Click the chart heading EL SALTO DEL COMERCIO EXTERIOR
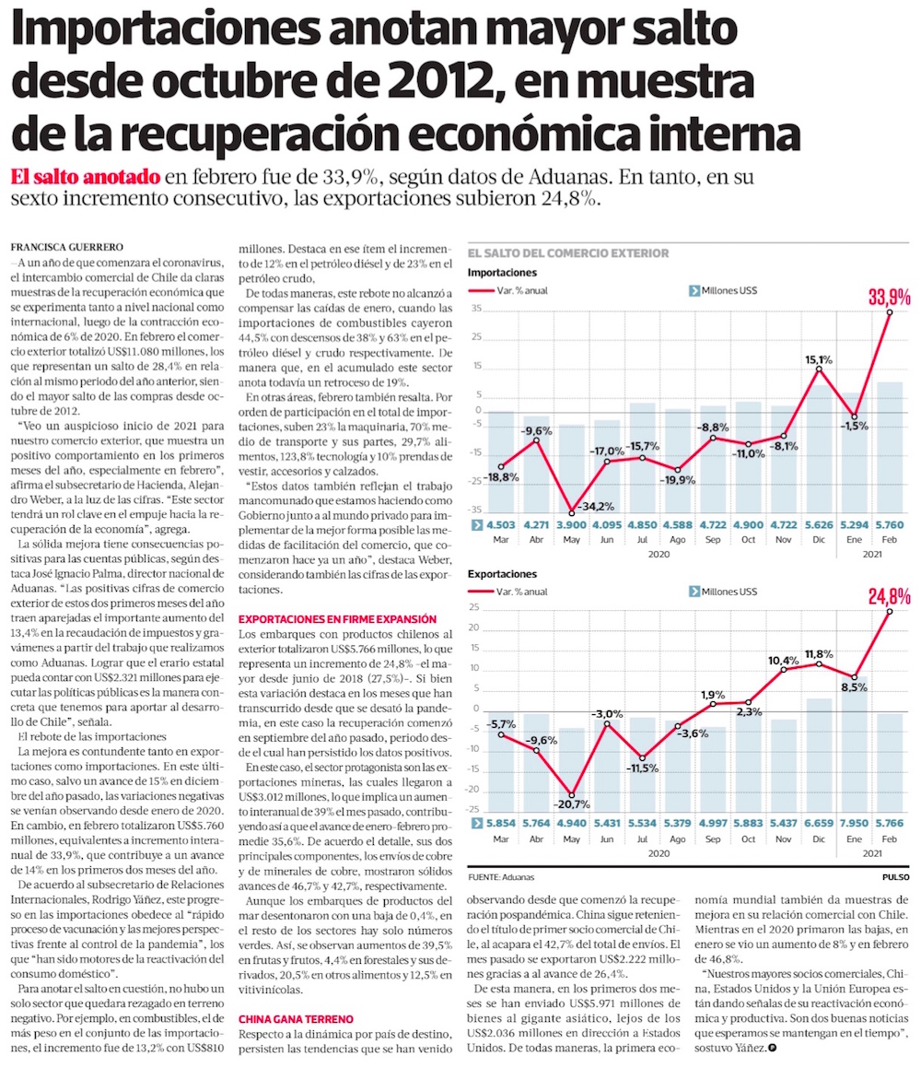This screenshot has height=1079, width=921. click(568, 252)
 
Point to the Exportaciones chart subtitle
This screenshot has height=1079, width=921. click(502, 573)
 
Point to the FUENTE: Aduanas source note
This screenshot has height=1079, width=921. click(501, 877)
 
